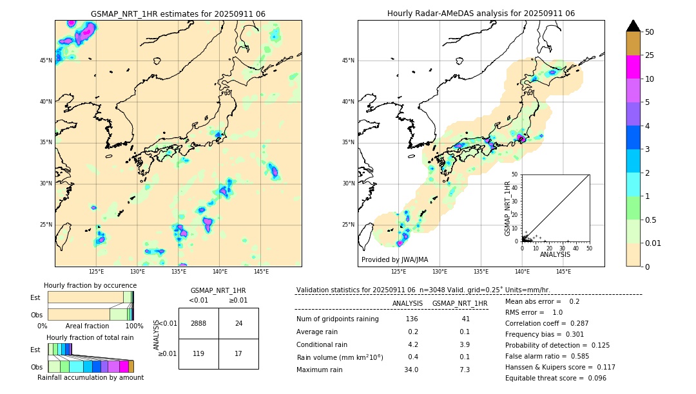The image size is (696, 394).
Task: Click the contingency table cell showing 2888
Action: point(198,323)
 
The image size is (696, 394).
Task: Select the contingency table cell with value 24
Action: point(238,323)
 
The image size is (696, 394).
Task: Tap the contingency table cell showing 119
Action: point(198,353)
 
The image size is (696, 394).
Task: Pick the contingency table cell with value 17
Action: point(238,353)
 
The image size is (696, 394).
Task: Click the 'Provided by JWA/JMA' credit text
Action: point(394,260)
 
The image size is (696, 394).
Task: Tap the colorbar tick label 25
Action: point(650,56)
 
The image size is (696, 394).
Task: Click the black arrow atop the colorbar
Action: point(633,26)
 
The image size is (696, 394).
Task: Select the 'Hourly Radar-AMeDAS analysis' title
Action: point(481,14)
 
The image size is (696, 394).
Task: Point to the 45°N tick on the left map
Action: point(45,61)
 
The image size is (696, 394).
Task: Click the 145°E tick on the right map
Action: point(563,272)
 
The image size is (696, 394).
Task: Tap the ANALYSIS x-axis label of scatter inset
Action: point(555,254)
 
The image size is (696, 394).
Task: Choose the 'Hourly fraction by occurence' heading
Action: point(90,285)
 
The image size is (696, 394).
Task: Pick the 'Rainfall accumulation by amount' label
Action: point(90,377)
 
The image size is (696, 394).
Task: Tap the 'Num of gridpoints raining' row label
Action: point(337,319)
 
